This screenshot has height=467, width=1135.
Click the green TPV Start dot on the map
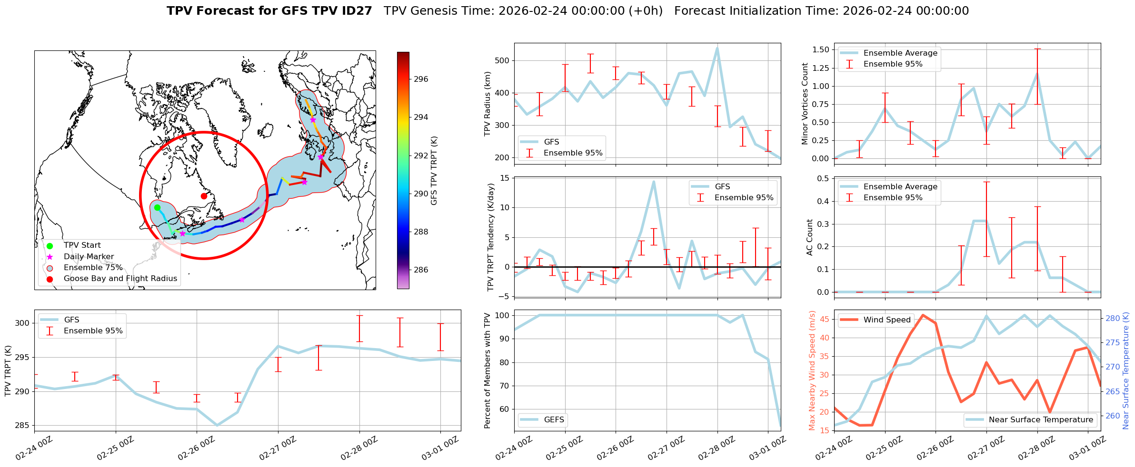click(x=157, y=207)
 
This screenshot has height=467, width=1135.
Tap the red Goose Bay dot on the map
click(x=204, y=196)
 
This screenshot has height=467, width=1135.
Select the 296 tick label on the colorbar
click(x=421, y=79)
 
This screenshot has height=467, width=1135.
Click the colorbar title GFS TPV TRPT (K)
click(x=434, y=171)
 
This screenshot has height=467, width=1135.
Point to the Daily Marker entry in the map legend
click(x=89, y=257)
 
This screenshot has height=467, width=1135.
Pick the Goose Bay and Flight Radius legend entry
click(x=120, y=279)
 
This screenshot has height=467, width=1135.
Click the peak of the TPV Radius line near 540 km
click(x=717, y=48)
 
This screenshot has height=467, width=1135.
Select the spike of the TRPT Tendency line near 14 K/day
click(x=654, y=182)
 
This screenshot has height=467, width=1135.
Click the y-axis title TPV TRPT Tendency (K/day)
click(x=491, y=237)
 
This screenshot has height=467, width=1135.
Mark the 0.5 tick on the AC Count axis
click(x=823, y=178)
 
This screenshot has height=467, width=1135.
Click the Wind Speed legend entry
click(x=886, y=320)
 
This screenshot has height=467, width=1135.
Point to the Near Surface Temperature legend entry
click(x=1040, y=420)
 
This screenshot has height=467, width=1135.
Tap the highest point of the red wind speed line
click(x=923, y=315)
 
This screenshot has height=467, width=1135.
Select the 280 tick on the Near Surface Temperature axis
click(x=1112, y=318)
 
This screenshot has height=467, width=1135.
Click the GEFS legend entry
click(x=554, y=420)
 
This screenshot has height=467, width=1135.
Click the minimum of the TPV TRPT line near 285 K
click(x=217, y=425)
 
